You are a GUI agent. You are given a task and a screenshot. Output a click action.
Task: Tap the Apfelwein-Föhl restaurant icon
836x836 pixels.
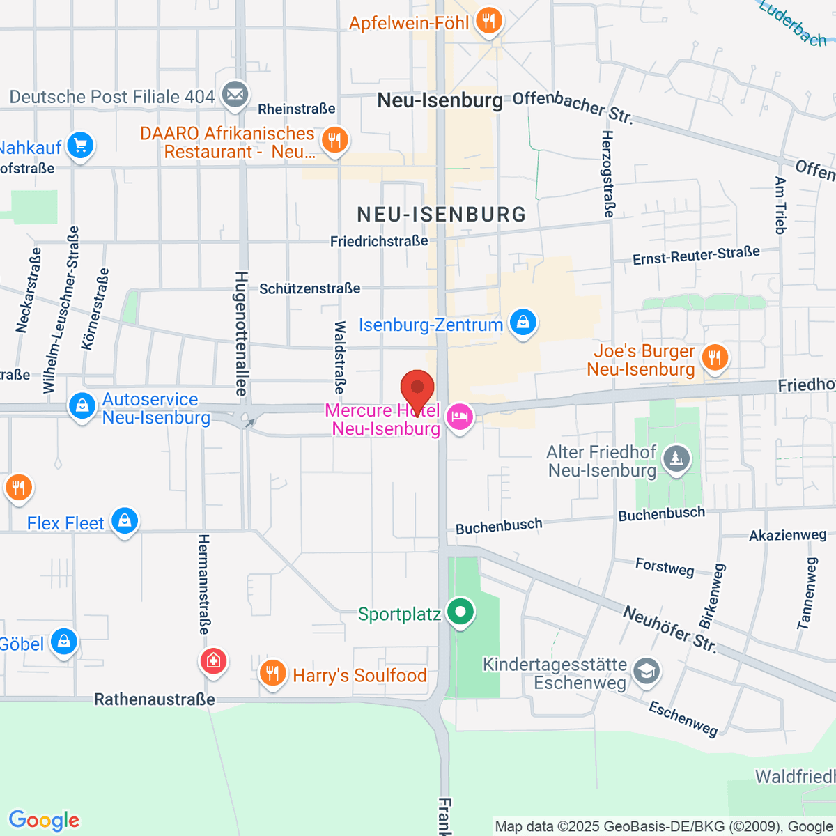(489, 22)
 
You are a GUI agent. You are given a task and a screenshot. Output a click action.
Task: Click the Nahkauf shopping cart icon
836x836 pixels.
(80, 146)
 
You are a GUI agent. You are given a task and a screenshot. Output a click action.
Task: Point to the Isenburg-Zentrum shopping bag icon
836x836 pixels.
(522, 323)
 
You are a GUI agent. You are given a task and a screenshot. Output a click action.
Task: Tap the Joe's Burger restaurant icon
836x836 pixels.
(714, 359)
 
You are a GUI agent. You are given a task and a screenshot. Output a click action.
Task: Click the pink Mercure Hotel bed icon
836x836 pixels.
(459, 418)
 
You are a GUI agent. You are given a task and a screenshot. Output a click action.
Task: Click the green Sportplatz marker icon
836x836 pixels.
(460, 613)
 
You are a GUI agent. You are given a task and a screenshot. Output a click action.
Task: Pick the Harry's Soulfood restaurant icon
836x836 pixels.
(272, 674)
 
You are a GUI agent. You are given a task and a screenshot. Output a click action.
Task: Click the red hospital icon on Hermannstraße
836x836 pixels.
(213, 660)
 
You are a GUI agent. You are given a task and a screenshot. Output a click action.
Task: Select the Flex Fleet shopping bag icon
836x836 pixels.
(125, 521)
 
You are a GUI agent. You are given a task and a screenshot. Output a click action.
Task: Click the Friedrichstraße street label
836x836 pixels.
(379, 241)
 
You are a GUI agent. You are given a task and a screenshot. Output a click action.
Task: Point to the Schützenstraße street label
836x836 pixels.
(310, 288)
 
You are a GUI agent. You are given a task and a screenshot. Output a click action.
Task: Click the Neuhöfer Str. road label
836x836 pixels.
(669, 629)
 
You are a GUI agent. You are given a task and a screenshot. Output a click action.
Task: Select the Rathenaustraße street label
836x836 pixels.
(155, 699)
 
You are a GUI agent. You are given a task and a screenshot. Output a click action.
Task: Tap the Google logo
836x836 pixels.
(44, 821)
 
